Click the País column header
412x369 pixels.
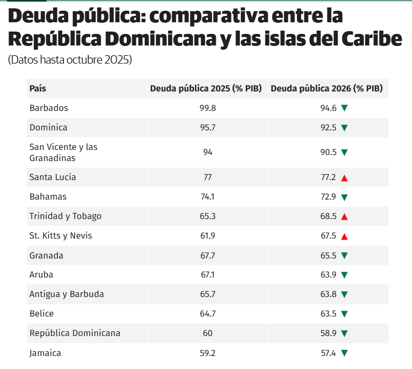pyautogui.click(x=38, y=89)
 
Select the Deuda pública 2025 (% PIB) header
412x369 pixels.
pyautogui.click(x=206, y=89)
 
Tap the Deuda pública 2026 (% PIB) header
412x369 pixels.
pyautogui.click(x=327, y=89)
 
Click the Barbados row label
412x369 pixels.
pyautogui.click(x=49, y=108)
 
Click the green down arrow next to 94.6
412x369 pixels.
pyautogui.click(x=344, y=109)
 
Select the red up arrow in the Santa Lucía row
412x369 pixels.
pyautogui.click(x=344, y=178)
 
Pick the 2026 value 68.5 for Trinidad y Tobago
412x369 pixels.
pyautogui.click(x=328, y=216)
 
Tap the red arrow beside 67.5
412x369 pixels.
pyautogui.click(x=344, y=236)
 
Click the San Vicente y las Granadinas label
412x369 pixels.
pyautogui.click(x=63, y=152)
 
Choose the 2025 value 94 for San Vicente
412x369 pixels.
pyautogui.click(x=207, y=152)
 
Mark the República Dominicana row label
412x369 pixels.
pyautogui.click(x=75, y=333)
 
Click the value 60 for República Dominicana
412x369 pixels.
pyautogui.click(x=207, y=333)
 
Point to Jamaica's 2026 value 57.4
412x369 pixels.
pyautogui.click(x=328, y=353)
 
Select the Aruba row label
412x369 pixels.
pyautogui.click(x=41, y=275)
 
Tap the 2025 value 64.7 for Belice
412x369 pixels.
pyautogui.click(x=207, y=314)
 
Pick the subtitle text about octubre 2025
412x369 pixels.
pyautogui.click(x=70, y=60)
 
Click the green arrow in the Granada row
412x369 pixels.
pyautogui.click(x=344, y=256)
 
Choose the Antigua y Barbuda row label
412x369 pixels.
pyautogui.click(x=66, y=294)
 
